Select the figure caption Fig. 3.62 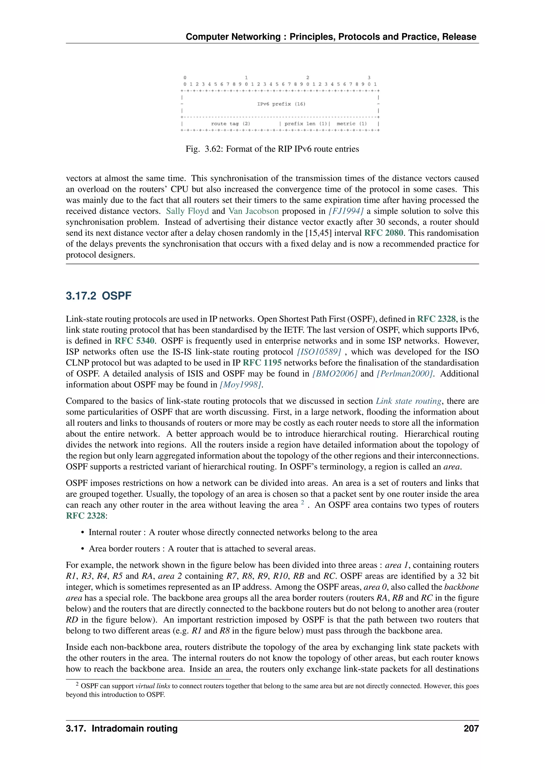click(x=272, y=149)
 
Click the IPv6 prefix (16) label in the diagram click(x=281, y=104)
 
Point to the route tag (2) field click(x=230, y=123)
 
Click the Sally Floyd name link click(x=187, y=211)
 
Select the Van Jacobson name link click(x=253, y=211)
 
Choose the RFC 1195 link click(x=262, y=362)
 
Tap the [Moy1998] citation click(x=240, y=385)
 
